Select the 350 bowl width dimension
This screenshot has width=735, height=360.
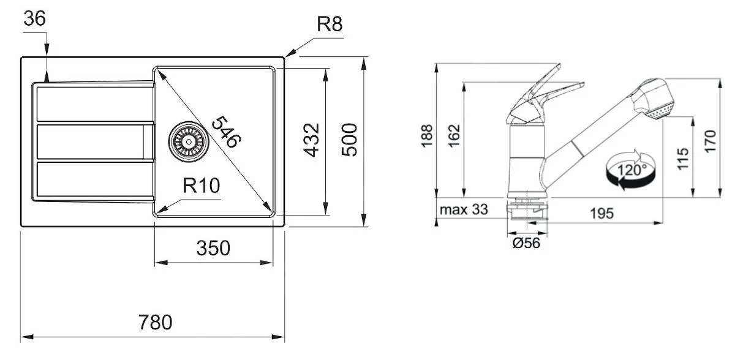[213, 249]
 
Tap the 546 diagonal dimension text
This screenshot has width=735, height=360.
[225, 132]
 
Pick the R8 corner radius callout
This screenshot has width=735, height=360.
[329, 24]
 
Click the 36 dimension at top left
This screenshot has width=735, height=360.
[34, 19]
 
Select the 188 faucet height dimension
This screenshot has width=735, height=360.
[427, 135]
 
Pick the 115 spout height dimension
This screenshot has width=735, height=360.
[684, 158]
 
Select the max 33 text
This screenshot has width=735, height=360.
[464, 210]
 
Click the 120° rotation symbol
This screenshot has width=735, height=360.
[630, 170]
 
